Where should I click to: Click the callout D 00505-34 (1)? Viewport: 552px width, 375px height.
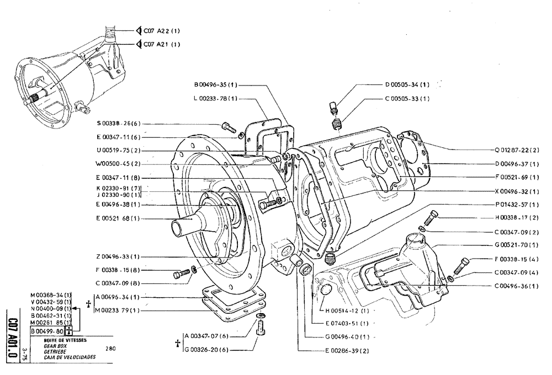[407, 85]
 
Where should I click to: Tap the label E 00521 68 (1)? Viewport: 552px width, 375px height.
[117, 218]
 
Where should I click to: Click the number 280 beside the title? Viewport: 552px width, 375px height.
[110, 349]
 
